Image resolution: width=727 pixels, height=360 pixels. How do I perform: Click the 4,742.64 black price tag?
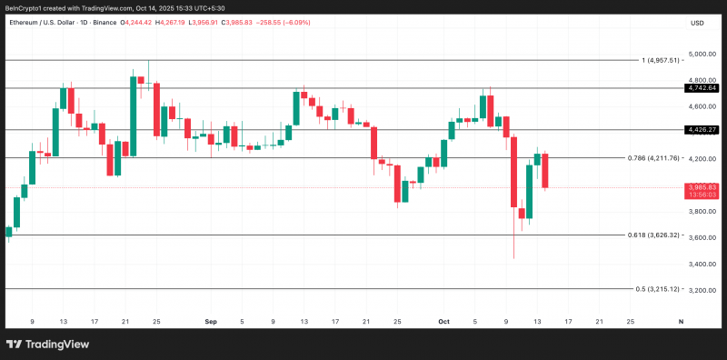click(702, 87)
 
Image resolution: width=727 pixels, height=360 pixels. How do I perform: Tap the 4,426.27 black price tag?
click(702, 129)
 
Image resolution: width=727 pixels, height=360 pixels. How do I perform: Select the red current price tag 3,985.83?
click(702, 191)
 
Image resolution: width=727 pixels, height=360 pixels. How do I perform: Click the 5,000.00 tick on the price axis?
click(702, 55)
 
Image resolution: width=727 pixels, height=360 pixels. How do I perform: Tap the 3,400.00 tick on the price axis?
click(702, 264)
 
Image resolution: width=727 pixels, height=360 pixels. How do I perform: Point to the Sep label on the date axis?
click(211, 321)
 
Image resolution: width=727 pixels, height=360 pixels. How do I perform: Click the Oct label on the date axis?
click(443, 321)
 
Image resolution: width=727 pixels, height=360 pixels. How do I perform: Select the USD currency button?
click(697, 23)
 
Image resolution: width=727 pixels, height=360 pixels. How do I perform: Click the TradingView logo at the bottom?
click(47, 345)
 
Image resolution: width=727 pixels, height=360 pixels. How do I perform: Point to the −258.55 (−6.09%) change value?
click(282, 22)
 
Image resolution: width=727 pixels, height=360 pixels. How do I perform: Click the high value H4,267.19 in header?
click(170, 22)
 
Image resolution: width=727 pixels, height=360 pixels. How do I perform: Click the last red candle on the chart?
click(545, 171)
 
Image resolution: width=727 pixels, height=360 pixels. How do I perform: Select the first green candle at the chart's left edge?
click(9, 232)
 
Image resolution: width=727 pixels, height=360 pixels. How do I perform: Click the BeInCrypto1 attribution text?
click(22, 7)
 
